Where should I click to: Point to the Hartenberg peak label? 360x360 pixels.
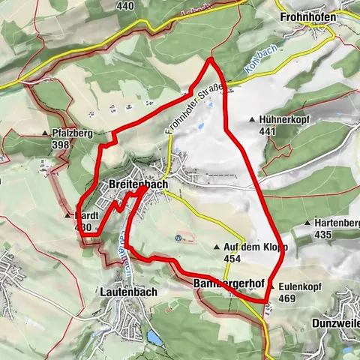coord(337,223)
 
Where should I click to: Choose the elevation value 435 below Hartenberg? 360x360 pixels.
coord(324,235)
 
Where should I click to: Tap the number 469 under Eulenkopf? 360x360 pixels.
coord(287,298)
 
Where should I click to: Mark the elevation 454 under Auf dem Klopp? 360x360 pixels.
coord(232,258)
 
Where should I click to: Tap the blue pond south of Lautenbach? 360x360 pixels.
coord(154,337)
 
